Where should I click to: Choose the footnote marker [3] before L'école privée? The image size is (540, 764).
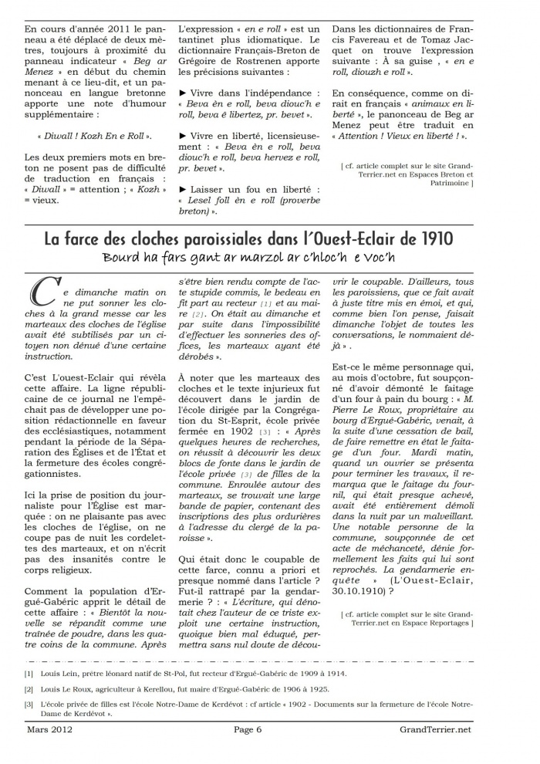pos(28,705)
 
